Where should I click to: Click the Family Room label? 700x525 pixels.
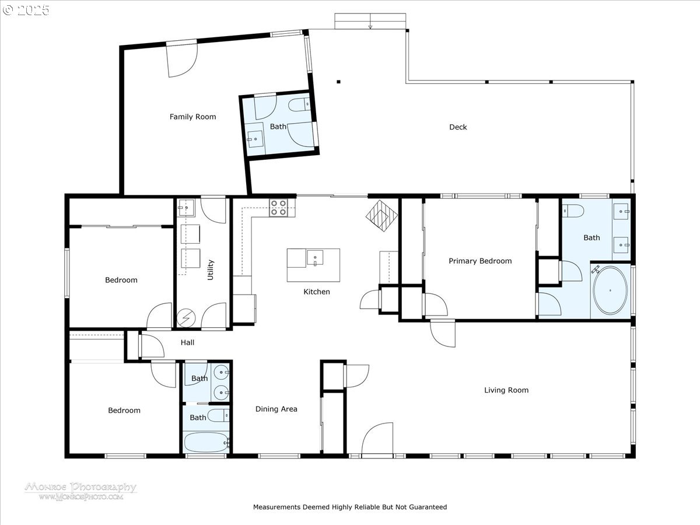pos(192,117)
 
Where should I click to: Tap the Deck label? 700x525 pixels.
pos(458,127)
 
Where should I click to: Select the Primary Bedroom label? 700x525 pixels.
pos(480,261)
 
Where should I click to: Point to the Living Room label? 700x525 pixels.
pos(506,390)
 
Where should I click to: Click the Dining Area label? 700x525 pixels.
pos(276,409)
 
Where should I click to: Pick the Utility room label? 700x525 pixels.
pos(210,269)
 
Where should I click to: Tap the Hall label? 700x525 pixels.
pos(187,342)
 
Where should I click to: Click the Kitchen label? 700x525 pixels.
pos(316,291)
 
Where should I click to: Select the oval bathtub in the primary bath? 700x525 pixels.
pos(610,290)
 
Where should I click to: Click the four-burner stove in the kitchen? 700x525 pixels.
pos(278,208)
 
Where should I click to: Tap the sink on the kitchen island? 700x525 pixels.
pos(315,258)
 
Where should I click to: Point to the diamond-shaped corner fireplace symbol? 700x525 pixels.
pos(381,215)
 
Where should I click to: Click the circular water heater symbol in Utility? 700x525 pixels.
pos(186,318)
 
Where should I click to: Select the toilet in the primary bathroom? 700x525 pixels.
pos(573,211)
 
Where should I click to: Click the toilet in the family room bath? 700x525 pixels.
pos(299,104)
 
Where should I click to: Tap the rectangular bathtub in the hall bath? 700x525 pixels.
pos(206,442)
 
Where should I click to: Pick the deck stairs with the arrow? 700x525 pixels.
pos(370,21)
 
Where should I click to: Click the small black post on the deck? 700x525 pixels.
pos(339,82)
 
